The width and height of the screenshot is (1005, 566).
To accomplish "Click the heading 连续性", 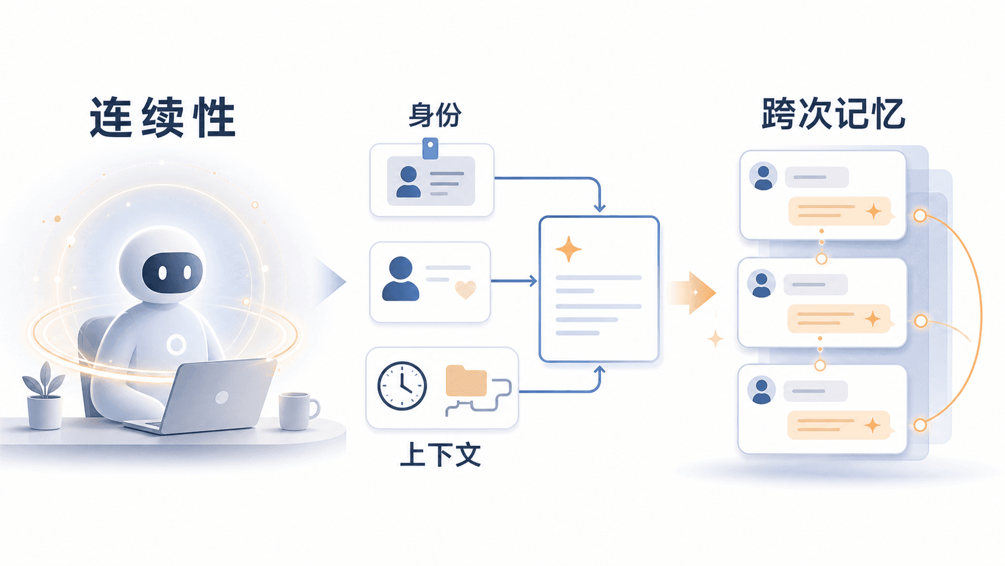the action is pos(163,117).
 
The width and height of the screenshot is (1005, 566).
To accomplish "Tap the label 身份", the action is pos(435,115).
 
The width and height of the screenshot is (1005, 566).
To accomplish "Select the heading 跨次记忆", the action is pos(833,114).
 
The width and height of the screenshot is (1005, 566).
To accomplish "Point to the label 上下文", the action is pos(440,454).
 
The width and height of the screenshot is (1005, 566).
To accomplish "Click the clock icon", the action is pos(402,386).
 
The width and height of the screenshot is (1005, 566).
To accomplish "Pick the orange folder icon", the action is pos(466,381).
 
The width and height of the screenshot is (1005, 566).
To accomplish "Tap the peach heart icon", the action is pos(465,289).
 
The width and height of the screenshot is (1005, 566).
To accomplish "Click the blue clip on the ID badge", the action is pos(430,148).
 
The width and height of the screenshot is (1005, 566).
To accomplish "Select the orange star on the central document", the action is pos(569,248).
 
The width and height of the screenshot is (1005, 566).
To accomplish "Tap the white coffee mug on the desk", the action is pos(298,411).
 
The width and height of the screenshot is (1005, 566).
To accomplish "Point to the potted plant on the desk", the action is pos(44,396).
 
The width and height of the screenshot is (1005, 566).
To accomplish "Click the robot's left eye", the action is pos(162,272).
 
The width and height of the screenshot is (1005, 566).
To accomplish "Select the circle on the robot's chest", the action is pos(176,345).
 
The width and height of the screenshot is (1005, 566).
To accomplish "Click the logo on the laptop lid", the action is pos(222,397).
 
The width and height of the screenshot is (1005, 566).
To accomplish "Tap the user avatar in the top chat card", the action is pos(763,176).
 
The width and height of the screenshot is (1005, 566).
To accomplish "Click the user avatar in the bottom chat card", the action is pos(762,390).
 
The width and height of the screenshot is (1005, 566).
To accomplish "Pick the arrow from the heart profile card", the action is pos(514,281).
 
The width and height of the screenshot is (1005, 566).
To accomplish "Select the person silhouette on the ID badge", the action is pos(408,182).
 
